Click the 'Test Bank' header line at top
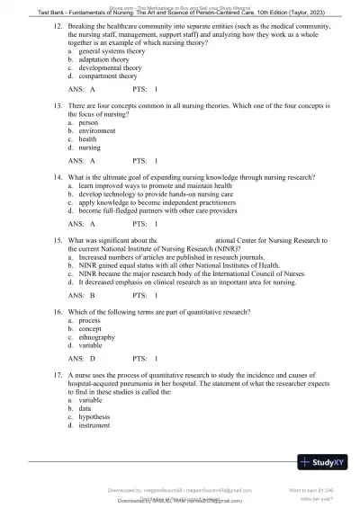pos(180,12)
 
